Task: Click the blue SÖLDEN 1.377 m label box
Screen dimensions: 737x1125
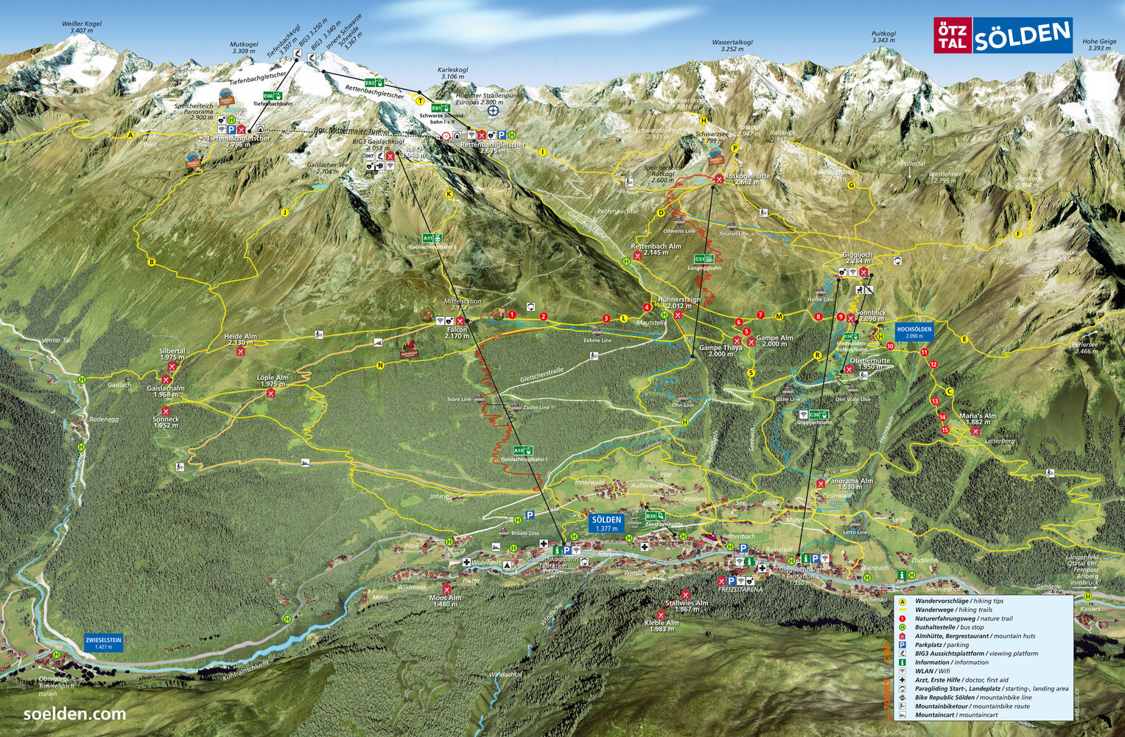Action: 606,523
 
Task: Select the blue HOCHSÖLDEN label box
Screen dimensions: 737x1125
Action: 914,332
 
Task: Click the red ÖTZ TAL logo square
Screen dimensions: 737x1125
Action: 953,36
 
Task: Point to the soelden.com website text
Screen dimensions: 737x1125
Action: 74,714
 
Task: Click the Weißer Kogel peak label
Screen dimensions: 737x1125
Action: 82,27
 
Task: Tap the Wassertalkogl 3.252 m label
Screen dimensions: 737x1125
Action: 732,46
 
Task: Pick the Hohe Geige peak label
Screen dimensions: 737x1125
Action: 1098,45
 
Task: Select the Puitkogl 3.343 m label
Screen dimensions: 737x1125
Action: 883,37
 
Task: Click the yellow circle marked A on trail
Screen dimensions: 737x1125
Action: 130,135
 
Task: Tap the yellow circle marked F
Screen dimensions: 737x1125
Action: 1019,234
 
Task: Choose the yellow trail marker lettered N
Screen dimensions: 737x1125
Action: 380,365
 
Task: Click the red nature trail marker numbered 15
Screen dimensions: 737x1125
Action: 944,430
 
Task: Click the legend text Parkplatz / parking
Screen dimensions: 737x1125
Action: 942,645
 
